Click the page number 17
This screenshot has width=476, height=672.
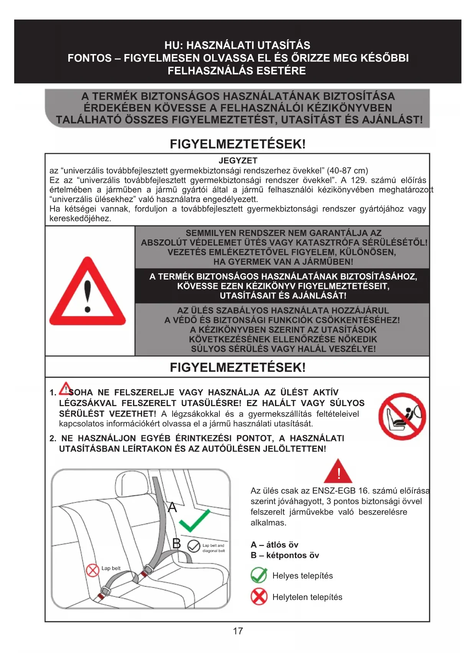point(238,631)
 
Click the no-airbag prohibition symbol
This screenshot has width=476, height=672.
point(402,416)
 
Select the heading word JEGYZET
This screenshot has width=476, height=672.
point(238,161)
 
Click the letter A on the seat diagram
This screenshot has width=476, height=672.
point(173,507)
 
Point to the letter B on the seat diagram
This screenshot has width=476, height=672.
point(176,543)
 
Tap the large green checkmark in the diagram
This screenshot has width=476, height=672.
point(195,520)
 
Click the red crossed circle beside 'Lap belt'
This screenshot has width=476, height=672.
point(92,570)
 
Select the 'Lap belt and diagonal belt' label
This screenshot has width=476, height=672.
point(213,548)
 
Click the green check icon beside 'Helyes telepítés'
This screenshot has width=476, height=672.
point(259,575)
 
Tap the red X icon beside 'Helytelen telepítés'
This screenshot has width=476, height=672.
point(259,597)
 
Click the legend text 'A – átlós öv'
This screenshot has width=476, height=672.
point(274,545)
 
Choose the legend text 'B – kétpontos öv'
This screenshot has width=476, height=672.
point(285,555)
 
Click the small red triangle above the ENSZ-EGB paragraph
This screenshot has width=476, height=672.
point(338,472)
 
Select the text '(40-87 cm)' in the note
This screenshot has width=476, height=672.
point(347,170)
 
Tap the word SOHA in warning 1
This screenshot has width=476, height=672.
point(81,392)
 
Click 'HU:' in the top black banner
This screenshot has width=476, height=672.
point(174,45)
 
